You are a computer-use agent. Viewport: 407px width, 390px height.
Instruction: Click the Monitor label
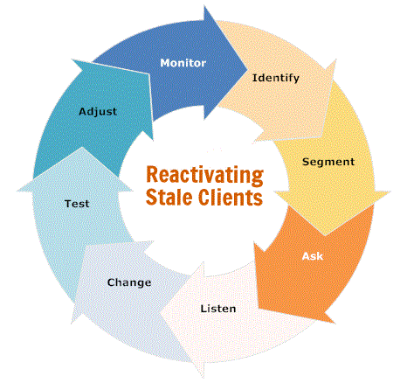[183, 63]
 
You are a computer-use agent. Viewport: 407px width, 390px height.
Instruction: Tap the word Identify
[276, 78]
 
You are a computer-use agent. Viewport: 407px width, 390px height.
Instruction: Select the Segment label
[328, 162]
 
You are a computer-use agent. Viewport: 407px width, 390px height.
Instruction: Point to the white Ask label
[313, 256]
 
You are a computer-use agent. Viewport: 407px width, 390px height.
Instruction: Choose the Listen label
[218, 309]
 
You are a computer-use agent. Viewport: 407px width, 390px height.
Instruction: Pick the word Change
[129, 282]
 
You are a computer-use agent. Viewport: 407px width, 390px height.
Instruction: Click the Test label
[77, 204]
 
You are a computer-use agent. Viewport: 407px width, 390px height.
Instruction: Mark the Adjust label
[98, 112]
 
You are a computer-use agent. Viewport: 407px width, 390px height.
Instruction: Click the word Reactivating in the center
[204, 176]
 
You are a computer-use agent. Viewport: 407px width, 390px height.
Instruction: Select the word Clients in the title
[231, 198]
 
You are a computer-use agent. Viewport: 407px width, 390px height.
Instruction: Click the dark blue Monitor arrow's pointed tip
[247, 70]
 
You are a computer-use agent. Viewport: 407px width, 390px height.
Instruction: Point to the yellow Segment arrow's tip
[325, 235]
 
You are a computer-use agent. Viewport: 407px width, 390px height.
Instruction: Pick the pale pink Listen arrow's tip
[161, 313]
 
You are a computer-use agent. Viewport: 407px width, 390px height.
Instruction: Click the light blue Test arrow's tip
[82, 147]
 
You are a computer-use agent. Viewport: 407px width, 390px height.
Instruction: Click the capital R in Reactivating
[151, 174]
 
